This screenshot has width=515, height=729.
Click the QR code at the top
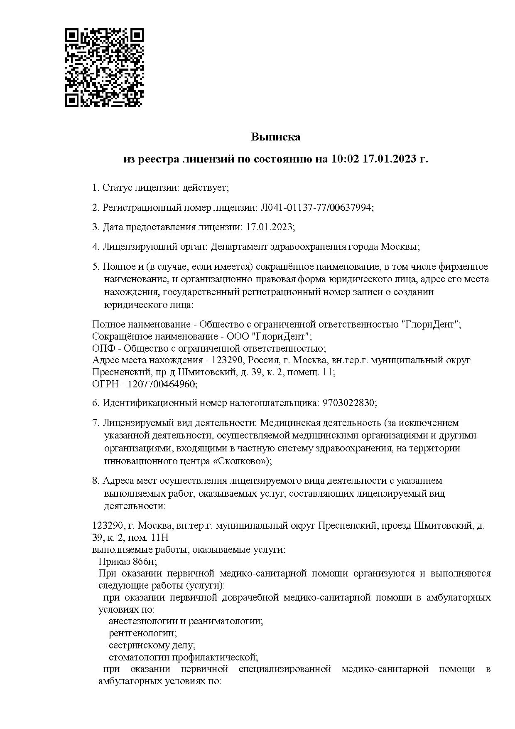coord(105,67)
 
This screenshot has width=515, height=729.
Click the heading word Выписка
coord(276,137)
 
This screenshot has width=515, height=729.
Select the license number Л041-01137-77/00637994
coord(316,207)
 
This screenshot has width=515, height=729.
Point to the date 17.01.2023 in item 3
coord(269,227)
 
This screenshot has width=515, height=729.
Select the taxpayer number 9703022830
coord(348,403)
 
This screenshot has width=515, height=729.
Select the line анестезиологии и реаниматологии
coord(186,621)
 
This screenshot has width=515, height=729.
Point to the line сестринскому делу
coord(152,645)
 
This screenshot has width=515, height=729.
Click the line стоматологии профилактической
coord(183,658)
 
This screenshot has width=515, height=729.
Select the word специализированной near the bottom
coord(285,669)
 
